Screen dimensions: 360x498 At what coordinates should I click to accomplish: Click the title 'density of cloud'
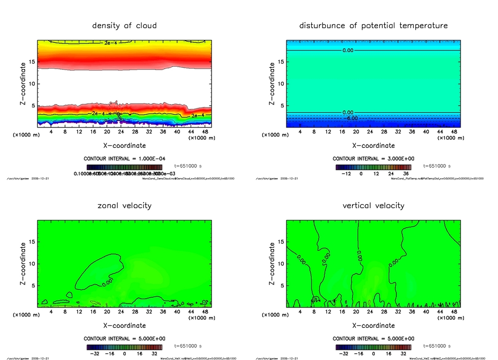[124, 25]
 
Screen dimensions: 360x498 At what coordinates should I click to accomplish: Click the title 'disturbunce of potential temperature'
[373, 25]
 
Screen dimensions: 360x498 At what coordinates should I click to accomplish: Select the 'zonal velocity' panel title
[124, 205]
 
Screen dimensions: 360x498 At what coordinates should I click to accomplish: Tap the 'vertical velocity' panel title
[373, 205]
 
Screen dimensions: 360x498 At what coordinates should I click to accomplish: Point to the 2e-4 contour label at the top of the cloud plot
[110, 43]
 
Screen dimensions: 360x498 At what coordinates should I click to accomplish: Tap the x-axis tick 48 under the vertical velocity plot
[454, 312]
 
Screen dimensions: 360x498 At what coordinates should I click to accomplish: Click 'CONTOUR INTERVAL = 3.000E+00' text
[373, 159]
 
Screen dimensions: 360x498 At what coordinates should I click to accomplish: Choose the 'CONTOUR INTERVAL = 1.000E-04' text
[124, 159]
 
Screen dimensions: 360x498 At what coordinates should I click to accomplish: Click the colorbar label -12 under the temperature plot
[346, 173]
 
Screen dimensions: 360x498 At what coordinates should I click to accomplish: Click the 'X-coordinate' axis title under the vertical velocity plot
[373, 325]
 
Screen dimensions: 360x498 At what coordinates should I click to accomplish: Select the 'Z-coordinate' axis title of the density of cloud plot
[22, 84]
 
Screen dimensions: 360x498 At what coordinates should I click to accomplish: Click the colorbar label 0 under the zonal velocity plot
[124, 354]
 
